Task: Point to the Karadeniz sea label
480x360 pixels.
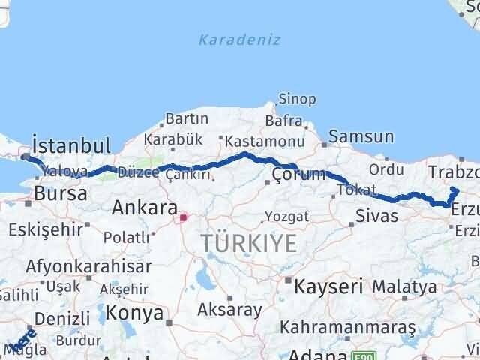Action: click(240, 40)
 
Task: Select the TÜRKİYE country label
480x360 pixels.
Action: click(248, 243)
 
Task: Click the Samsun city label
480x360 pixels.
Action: click(361, 136)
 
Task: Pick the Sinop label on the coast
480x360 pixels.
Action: click(298, 98)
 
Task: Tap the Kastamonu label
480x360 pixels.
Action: click(265, 141)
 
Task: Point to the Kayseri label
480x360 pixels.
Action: click(328, 285)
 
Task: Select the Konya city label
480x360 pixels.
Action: click(134, 312)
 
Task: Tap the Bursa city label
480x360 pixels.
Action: click(60, 193)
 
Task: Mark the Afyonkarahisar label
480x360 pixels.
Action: click(88, 265)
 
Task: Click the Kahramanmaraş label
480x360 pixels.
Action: click(348, 327)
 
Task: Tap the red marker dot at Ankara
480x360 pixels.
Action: click(181, 218)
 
